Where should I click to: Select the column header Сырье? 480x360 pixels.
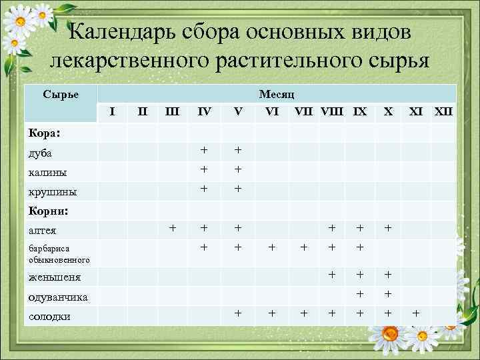click(x=61, y=94)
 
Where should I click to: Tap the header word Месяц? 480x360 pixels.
click(x=277, y=94)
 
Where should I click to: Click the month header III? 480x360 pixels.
click(x=172, y=111)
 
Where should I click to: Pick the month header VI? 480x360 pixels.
click(x=271, y=111)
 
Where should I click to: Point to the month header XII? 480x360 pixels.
click(x=443, y=111)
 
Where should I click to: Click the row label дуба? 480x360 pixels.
click(x=40, y=153)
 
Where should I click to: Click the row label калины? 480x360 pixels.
click(x=47, y=172)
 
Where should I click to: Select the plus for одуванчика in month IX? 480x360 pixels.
click(x=361, y=293)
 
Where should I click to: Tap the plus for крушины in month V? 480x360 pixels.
click(x=237, y=189)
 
